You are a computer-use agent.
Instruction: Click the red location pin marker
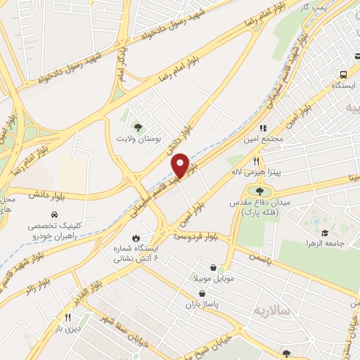(180, 165)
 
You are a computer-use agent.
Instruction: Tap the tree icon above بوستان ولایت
(137, 127)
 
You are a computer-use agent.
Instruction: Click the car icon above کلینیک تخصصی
(53, 214)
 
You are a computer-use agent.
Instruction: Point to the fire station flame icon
(136, 238)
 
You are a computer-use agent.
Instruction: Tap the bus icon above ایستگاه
(342, 75)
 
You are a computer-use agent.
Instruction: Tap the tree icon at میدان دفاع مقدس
(259, 191)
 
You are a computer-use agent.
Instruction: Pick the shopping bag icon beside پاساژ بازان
(202, 293)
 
